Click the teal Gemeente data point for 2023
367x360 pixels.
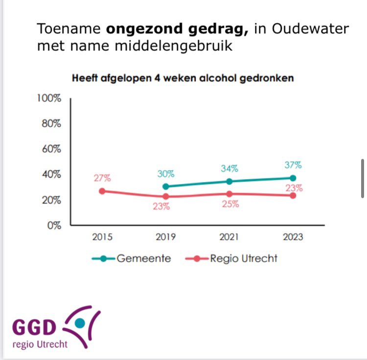(x=293, y=178)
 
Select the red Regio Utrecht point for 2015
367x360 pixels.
(x=102, y=191)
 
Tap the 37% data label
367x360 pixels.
(x=293, y=165)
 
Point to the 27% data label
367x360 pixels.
(x=103, y=178)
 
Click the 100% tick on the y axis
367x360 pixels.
(x=49, y=98)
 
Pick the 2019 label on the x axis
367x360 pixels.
(x=165, y=237)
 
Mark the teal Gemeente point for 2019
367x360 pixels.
(x=165, y=186)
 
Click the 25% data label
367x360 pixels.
(x=229, y=204)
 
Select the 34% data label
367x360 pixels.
(x=229, y=169)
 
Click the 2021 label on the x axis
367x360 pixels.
(x=229, y=237)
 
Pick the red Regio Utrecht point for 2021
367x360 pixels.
(x=229, y=194)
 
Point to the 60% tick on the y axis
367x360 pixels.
(x=51, y=149)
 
